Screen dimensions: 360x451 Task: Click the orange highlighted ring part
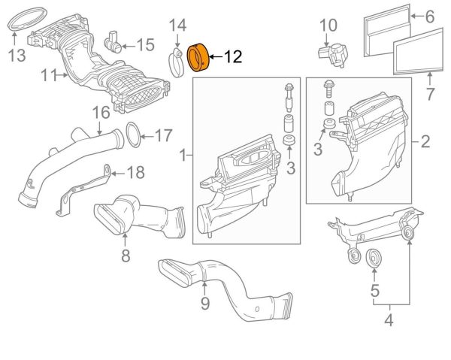[199, 57]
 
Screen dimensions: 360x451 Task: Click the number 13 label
[17, 54]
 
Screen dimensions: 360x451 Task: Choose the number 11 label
[49, 75]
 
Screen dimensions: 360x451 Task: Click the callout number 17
[164, 136]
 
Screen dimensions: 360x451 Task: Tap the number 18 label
[134, 173]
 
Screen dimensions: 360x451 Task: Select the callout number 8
[126, 256]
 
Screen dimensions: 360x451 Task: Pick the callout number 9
[204, 303]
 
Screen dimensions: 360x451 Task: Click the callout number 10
[329, 27]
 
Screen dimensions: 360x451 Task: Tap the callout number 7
[430, 95]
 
